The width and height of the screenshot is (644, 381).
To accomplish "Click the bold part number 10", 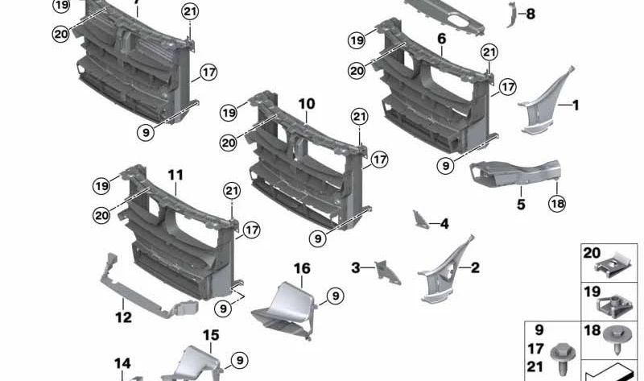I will point(306,105).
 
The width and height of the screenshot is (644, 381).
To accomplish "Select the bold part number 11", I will point(175,175).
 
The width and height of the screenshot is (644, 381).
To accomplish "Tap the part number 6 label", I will point(441,39).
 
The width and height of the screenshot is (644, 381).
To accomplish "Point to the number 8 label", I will point(530,14).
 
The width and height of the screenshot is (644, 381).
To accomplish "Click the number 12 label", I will point(122,317).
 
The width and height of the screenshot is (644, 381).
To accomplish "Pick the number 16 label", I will point(301,268).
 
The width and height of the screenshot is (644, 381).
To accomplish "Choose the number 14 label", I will point(122,364).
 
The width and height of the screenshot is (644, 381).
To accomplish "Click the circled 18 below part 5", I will point(557,204).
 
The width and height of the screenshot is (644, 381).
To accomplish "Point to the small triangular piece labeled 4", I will point(420,219).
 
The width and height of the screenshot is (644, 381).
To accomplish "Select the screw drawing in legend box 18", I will point(617,346).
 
